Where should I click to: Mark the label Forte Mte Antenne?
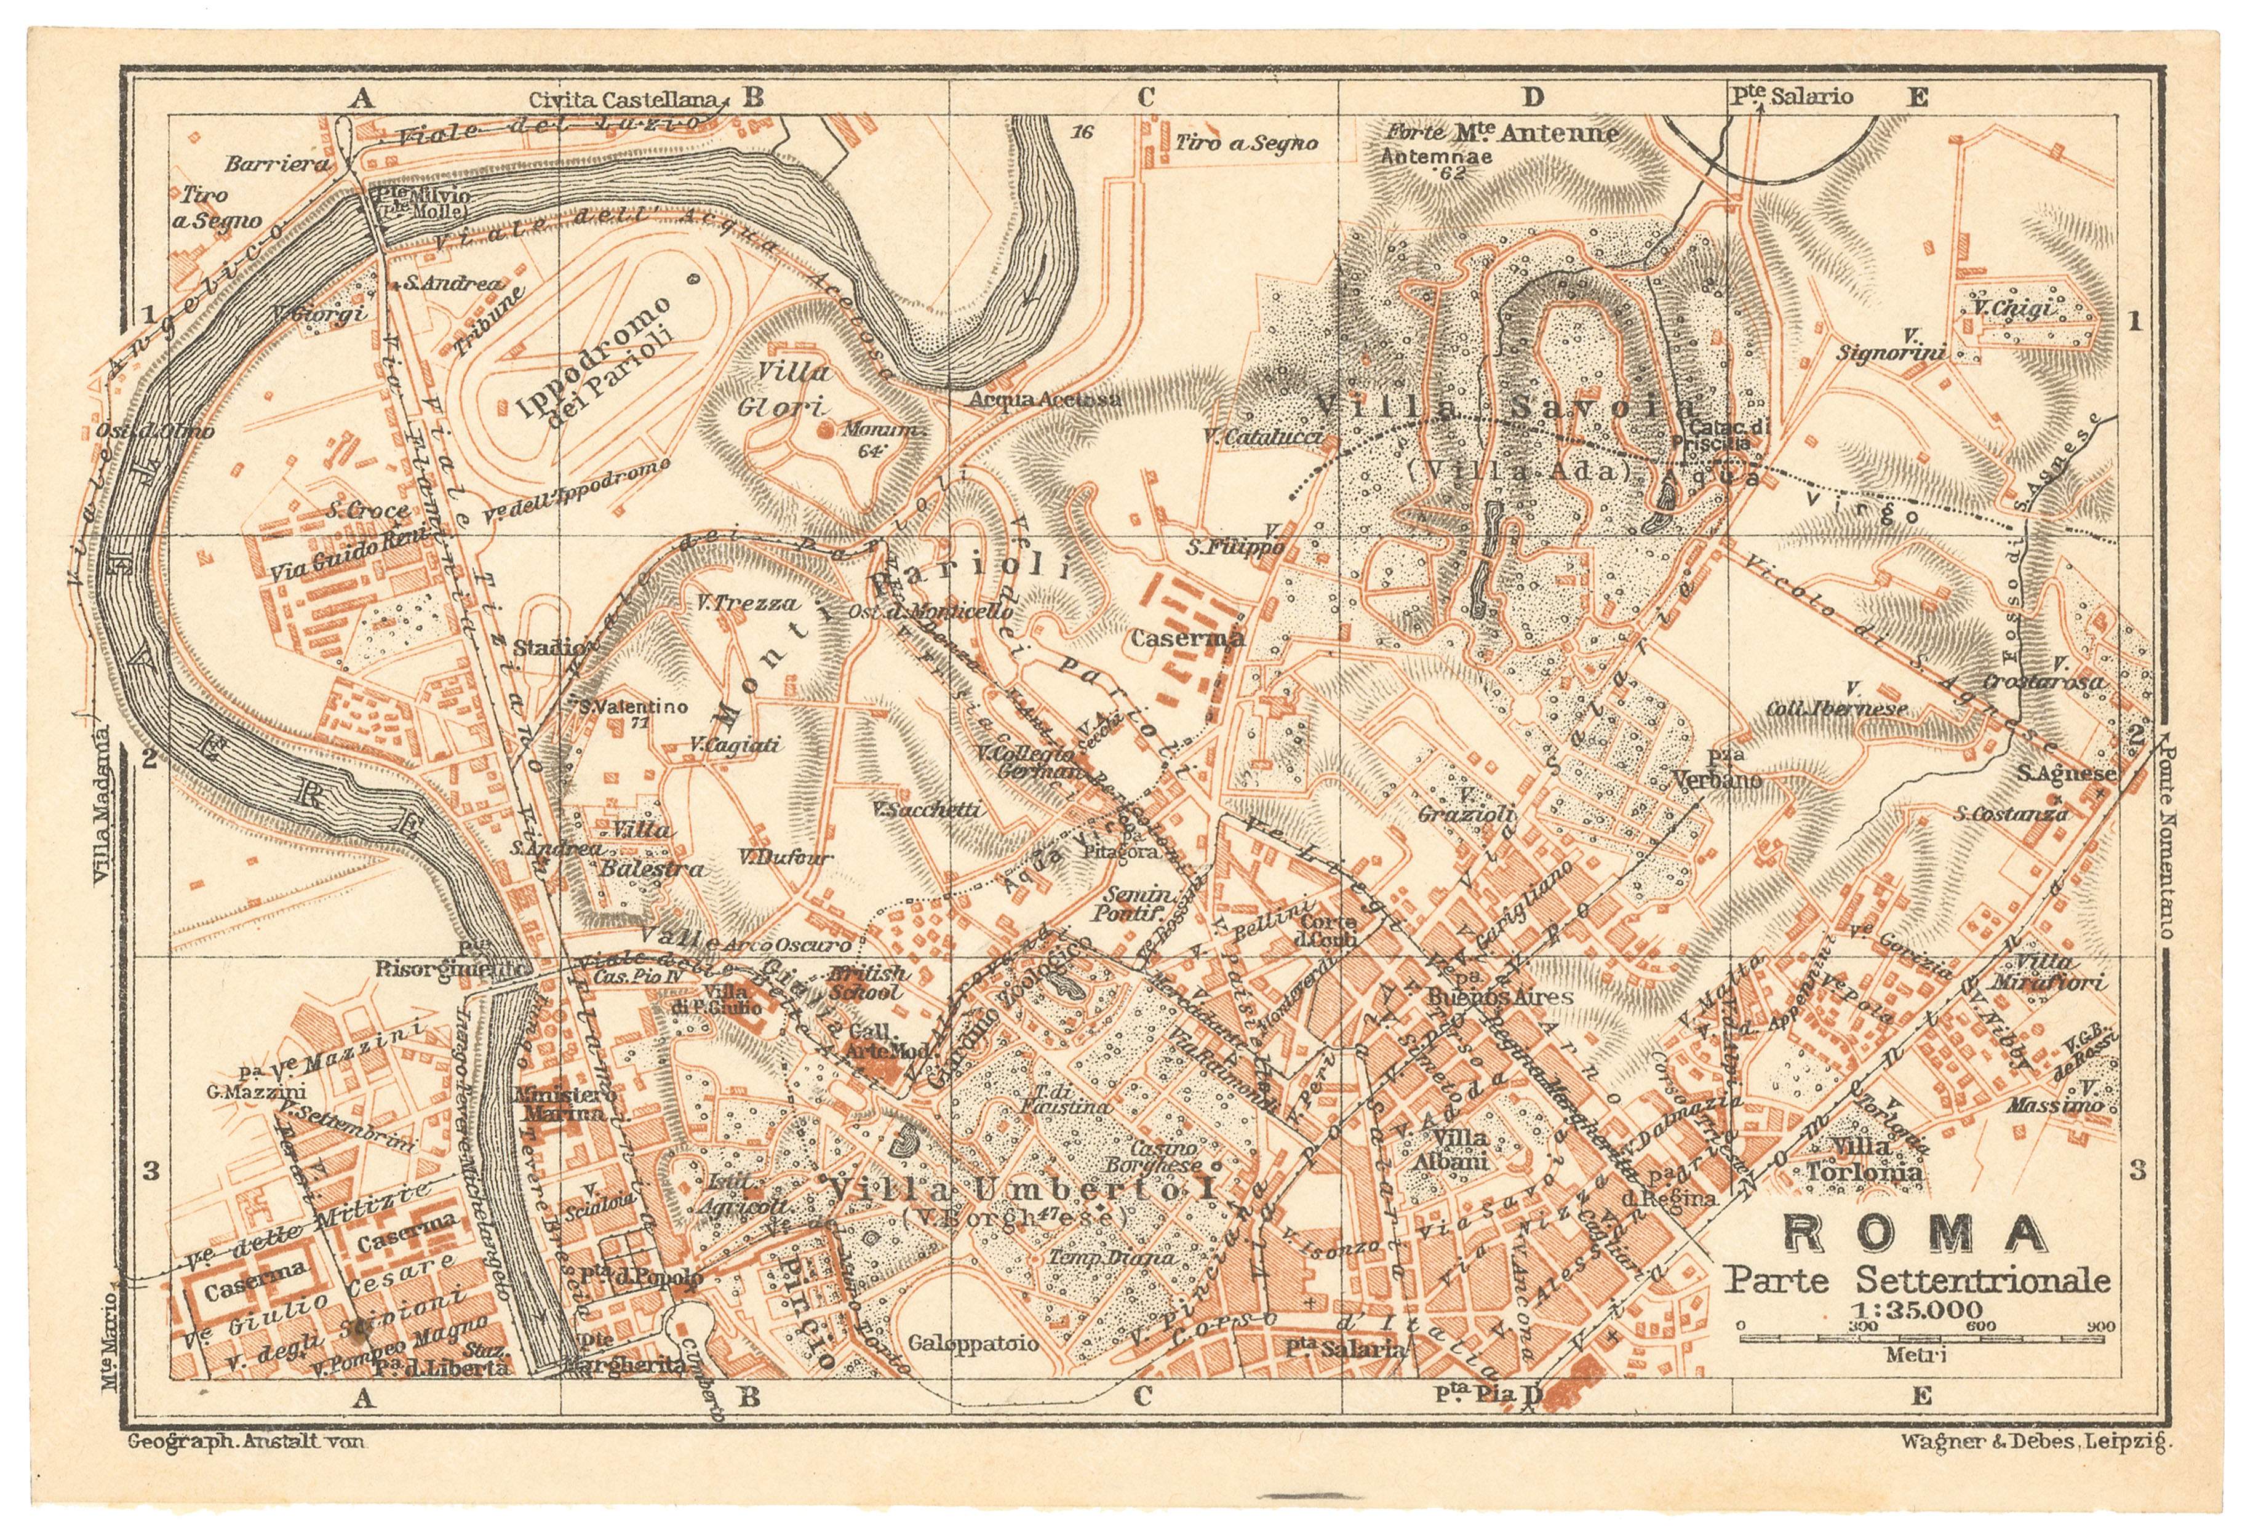(1502, 134)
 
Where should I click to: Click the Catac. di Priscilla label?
(1720, 433)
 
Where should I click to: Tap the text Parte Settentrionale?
(1916, 1280)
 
